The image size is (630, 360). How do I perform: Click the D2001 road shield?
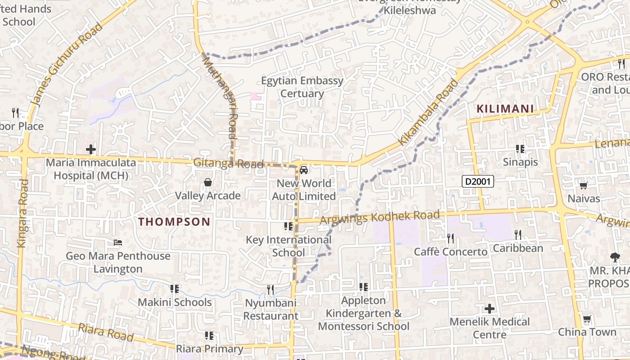point(478,182)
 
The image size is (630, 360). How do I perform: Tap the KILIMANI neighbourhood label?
point(505,109)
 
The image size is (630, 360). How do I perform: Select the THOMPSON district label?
point(174,221)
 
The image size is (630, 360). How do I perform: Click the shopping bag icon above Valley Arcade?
point(208,182)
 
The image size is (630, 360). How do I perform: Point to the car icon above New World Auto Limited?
point(304,170)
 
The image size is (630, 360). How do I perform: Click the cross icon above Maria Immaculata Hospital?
point(91,149)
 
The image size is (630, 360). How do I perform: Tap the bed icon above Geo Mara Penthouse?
point(118,243)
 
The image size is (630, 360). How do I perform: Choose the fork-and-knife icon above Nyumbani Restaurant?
point(270,290)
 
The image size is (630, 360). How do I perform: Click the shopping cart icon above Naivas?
point(583,185)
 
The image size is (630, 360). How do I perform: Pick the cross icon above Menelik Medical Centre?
point(490,309)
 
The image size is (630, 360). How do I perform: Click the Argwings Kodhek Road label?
point(379,218)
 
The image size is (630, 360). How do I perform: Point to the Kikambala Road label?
point(428,113)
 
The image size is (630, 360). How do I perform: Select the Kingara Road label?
point(22,213)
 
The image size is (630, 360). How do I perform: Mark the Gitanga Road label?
point(228,163)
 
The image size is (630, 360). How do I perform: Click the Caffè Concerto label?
point(450,252)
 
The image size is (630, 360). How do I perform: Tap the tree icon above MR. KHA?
point(615,257)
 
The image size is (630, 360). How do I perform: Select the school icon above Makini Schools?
point(175,288)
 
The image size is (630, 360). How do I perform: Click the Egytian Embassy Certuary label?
point(302,87)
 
